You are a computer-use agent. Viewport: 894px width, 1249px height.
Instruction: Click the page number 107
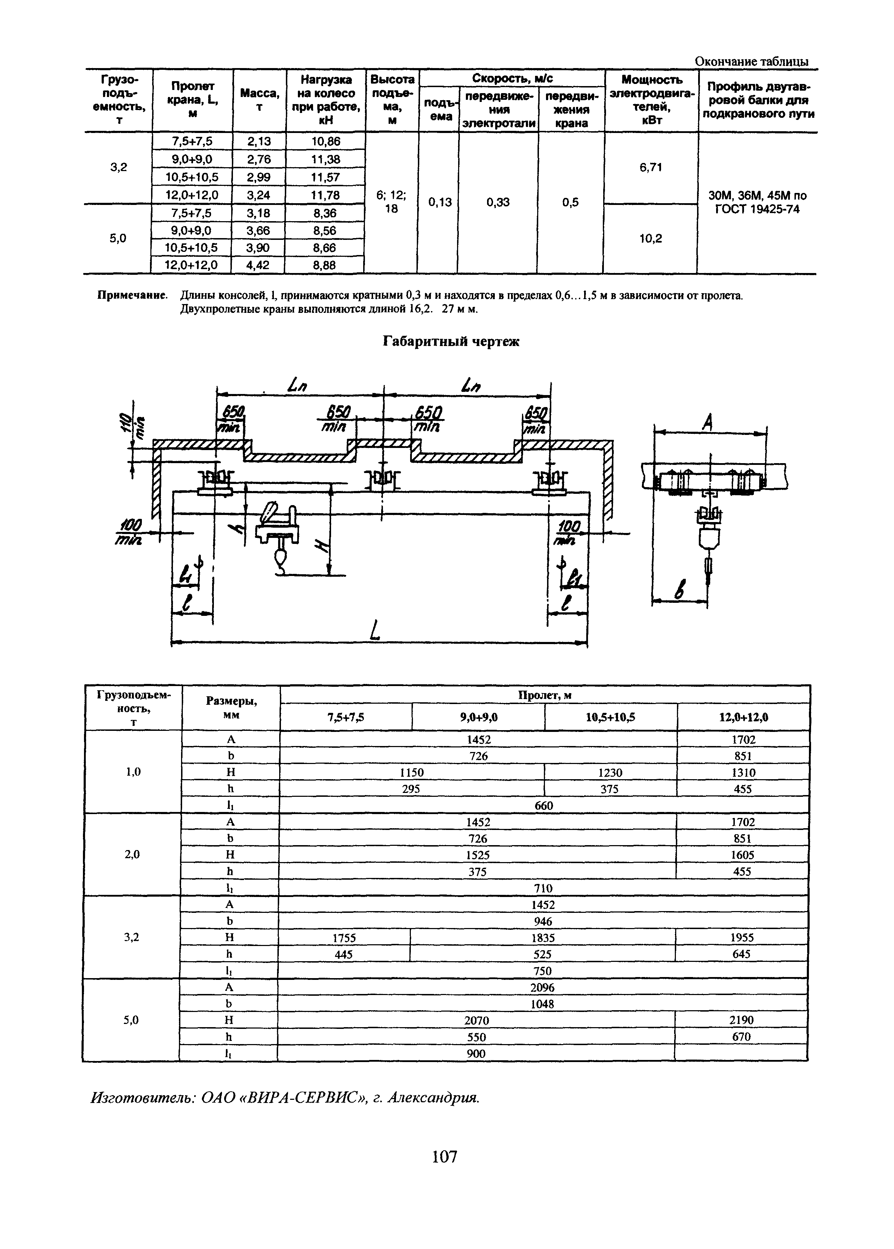point(445,1157)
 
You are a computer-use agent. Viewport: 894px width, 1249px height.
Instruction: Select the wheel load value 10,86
point(326,141)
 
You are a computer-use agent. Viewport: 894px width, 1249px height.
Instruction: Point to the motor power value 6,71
point(651,167)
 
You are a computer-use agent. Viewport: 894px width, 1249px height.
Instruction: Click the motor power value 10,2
point(651,238)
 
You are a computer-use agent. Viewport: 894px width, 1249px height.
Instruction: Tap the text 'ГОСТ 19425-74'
point(757,209)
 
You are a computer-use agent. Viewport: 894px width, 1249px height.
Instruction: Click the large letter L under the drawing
point(376,630)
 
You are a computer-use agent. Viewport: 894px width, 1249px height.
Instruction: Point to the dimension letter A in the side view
point(708,423)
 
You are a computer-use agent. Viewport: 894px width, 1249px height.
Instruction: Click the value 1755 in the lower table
point(344,938)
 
